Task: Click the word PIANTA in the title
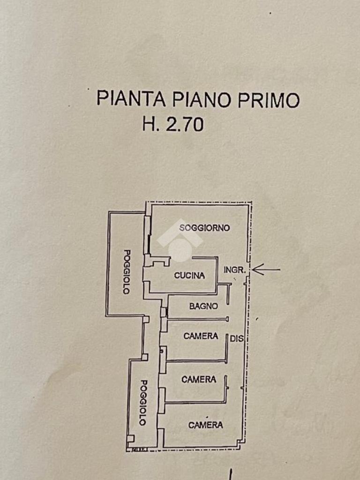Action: point(131,99)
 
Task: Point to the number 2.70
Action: point(185,125)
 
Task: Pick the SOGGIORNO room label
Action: point(205,228)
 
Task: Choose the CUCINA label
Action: point(189,275)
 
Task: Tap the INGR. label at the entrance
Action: point(234,270)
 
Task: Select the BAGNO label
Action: point(203,306)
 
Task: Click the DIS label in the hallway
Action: point(237,337)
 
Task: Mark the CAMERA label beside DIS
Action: point(201,336)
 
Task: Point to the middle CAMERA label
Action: point(199,379)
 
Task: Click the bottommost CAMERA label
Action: point(205,425)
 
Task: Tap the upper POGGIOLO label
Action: point(126,271)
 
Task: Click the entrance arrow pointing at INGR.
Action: point(266,269)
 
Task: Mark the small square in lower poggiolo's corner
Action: point(130,439)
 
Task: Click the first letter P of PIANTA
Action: point(102,99)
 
